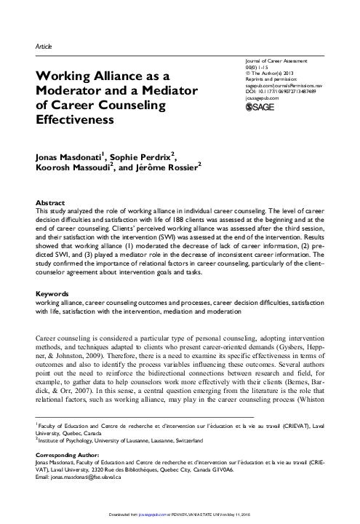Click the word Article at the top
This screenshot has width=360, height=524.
click(43, 47)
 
